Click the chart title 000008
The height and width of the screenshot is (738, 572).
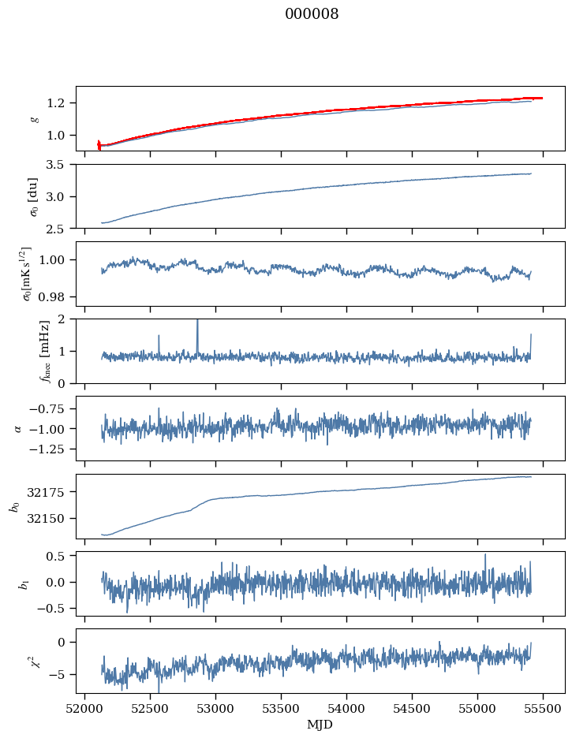(x=312, y=14)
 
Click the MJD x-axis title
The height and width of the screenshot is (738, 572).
(x=320, y=725)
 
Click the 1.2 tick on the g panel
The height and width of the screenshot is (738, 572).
(x=58, y=103)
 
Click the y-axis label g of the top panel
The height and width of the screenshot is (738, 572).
(x=34, y=118)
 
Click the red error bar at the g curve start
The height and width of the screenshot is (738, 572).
(x=99, y=145)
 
